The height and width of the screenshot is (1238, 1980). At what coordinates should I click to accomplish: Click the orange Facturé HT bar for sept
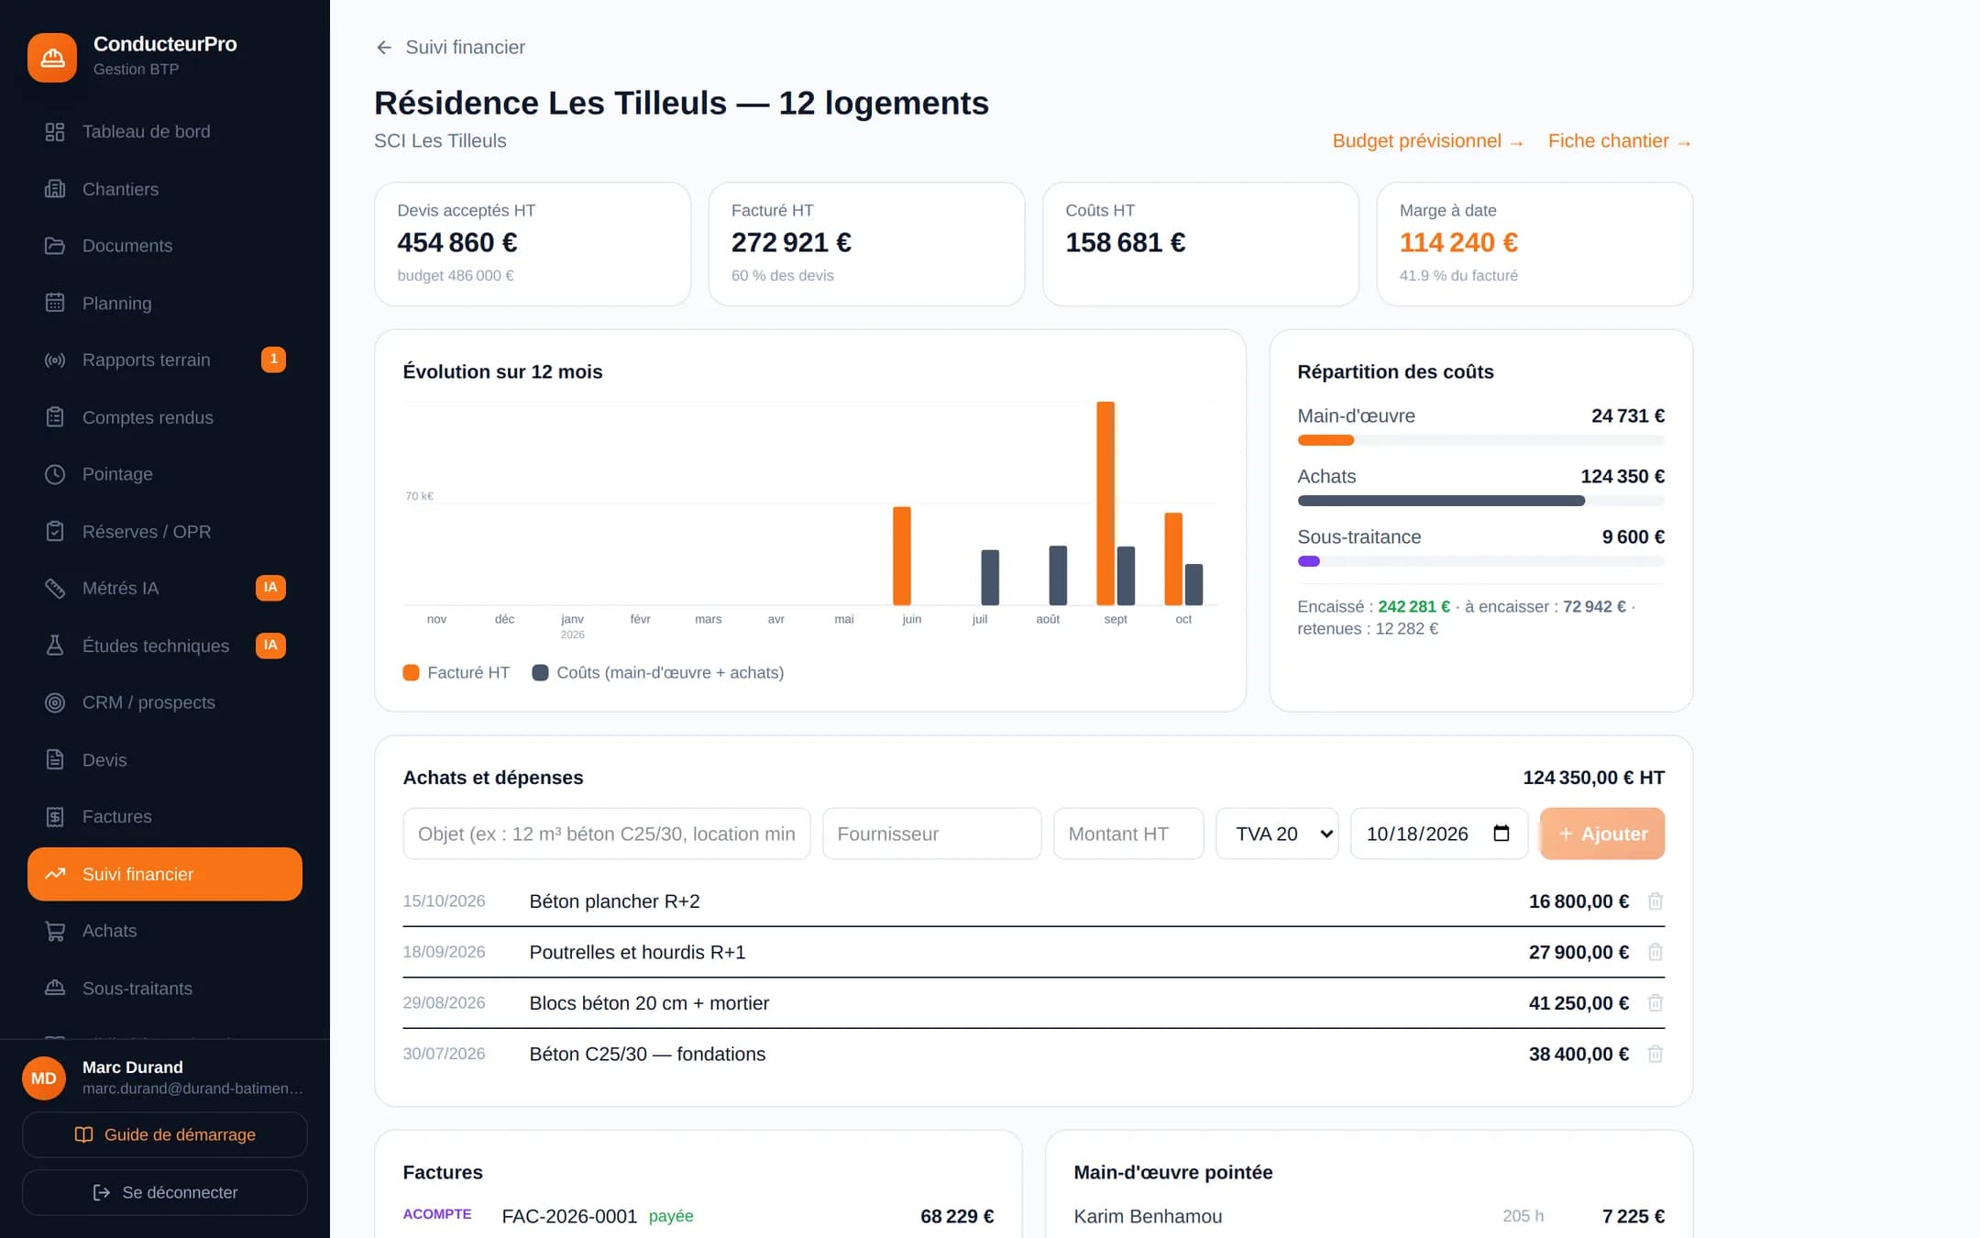pyautogui.click(x=1105, y=503)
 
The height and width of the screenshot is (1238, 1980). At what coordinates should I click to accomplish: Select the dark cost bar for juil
pyautogui.click(x=990, y=578)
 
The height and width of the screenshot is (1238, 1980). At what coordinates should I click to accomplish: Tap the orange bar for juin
pyautogui.click(x=902, y=556)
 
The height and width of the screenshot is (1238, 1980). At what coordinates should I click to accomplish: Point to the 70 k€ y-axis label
pyautogui.click(x=420, y=496)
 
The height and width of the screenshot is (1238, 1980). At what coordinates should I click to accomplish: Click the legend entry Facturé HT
pyautogui.click(x=456, y=672)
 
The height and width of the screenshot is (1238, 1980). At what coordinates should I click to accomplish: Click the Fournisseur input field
pyautogui.click(x=931, y=834)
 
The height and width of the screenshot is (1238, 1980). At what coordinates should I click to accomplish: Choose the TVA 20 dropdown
pyautogui.click(x=1277, y=834)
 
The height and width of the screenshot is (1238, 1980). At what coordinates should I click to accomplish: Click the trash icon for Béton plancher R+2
pyautogui.click(x=1655, y=901)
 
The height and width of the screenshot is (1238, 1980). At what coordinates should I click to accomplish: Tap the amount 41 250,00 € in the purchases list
pyautogui.click(x=1578, y=1003)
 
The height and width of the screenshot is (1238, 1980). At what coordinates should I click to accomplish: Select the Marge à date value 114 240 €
pyautogui.click(x=1458, y=242)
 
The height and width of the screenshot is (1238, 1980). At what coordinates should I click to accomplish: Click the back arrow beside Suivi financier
pyautogui.click(x=384, y=48)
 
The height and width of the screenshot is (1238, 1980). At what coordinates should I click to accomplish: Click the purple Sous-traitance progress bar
pyautogui.click(x=1309, y=561)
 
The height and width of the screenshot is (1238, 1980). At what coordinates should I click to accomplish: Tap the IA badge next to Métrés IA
pyautogui.click(x=270, y=588)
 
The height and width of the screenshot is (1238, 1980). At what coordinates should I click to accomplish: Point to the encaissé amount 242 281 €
pyautogui.click(x=1414, y=607)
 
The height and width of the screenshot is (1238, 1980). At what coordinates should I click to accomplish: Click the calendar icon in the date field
pyautogui.click(x=1501, y=833)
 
